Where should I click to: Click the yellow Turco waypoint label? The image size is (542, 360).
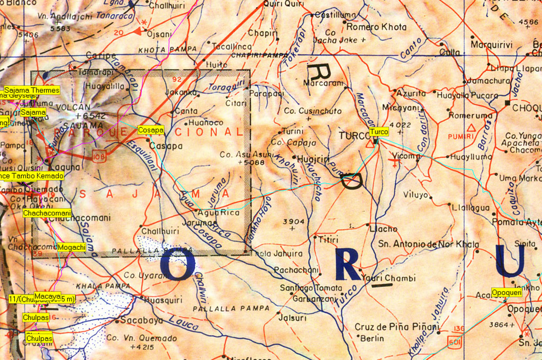click(x=379, y=132)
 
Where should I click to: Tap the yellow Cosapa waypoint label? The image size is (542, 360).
click(x=150, y=130)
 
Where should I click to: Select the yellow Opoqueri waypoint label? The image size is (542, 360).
click(x=507, y=292)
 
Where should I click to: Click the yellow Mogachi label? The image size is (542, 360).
click(x=71, y=247)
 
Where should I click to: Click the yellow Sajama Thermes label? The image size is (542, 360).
click(x=31, y=91)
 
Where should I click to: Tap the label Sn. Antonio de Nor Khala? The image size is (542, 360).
click(x=429, y=244)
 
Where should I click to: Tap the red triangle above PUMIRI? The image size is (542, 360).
click(x=471, y=127)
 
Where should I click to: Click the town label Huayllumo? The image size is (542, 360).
click(x=471, y=157)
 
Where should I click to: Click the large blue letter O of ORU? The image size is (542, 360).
click(x=178, y=265)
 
